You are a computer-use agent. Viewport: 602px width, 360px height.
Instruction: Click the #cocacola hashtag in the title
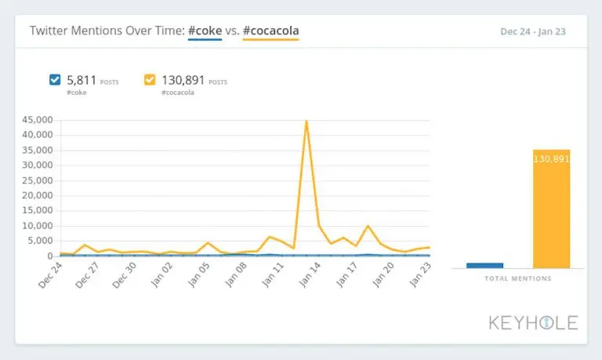[x=270, y=31]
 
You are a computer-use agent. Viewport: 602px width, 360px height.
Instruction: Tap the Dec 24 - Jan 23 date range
[x=533, y=32]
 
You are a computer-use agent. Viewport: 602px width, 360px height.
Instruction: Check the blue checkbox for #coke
[x=55, y=79]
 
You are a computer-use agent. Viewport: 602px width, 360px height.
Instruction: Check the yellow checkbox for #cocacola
[x=150, y=79]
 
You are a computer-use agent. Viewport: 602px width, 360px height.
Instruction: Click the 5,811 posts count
[x=82, y=79]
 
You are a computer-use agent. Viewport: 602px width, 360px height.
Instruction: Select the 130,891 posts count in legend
[x=183, y=79]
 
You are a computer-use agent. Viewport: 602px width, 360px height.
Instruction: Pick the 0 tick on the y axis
[x=49, y=256]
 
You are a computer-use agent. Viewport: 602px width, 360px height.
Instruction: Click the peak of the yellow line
[x=306, y=121]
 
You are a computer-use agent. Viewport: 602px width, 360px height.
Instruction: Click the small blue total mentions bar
[x=484, y=265]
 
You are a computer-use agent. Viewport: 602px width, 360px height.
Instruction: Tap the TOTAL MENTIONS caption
[x=517, y=278]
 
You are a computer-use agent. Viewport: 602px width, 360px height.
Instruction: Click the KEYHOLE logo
[x=533, y=322]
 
